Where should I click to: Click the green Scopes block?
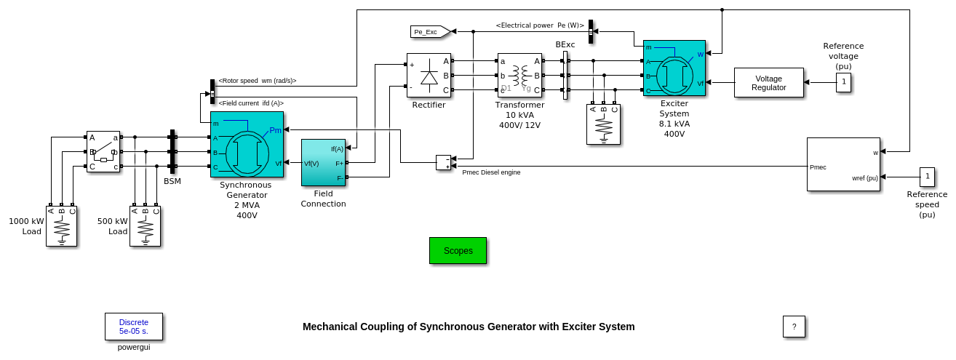458,250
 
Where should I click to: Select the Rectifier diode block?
429,75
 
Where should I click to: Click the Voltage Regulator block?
768,83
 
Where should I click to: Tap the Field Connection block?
324,163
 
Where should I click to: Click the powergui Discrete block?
134,327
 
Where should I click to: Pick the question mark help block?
794,327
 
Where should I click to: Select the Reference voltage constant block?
843,82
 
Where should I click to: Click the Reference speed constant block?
927,177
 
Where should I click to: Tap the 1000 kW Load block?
61,226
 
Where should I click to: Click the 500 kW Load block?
145,226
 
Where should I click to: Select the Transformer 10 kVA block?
519,75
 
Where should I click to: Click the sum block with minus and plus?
443,162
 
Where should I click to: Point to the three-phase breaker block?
103,151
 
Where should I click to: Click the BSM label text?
172,181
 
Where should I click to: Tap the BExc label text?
565,45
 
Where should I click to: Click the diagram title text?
469,327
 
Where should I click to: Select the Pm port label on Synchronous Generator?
275,131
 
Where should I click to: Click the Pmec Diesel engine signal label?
491,172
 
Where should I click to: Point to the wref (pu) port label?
865,178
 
